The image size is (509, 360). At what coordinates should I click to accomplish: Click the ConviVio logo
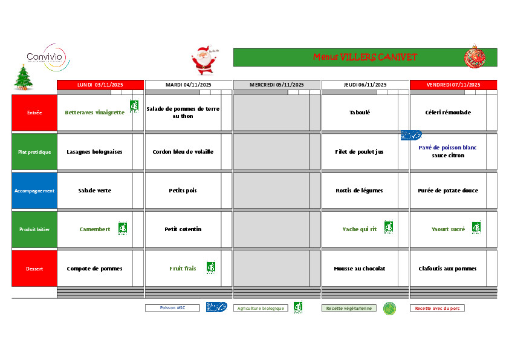click(x=48, y=57)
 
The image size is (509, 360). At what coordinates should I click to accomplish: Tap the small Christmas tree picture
click(x=24, y=77)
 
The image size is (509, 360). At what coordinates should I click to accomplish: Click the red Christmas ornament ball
click(x=475, y=57)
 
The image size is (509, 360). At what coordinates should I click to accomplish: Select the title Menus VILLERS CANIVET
click(x=365, y=57)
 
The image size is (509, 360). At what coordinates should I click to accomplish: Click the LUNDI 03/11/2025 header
click(x=100, y=85)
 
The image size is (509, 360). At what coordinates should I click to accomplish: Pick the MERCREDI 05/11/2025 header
click(x=277, y=85)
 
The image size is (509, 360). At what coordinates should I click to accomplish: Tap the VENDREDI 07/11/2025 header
click(x=453, y=85)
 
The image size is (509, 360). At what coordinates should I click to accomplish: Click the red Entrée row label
click(x=34, y=113)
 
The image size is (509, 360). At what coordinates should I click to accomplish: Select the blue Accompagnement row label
click(x=34, y=191)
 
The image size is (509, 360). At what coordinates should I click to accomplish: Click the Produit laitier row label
click(x=34, y=229)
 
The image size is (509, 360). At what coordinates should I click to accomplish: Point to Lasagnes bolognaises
click(x=94, y=152)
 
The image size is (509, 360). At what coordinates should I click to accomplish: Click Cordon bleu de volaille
click(x=183, y=152)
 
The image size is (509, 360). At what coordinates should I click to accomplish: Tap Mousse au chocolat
click(x=360, y=269)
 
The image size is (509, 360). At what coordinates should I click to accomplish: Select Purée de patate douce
click(x=448, y=191)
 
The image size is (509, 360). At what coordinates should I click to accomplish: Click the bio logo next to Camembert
click(x=122, y=229)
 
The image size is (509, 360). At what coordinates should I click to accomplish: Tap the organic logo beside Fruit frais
click(x=210, y=267)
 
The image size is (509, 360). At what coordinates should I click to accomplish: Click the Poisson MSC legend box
click(x=172, y=308)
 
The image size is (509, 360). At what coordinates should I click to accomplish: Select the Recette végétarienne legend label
click(x=349, y=308)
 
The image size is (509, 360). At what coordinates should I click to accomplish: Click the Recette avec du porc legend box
click(x=437, y=308)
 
